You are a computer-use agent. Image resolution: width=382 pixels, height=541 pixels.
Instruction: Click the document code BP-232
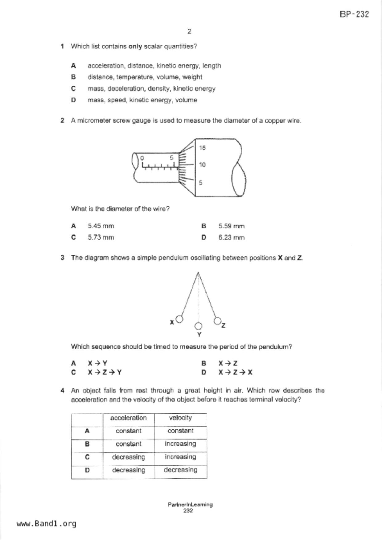click(x=354, y=14)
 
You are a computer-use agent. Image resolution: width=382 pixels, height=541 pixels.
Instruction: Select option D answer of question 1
click(x=142, y=100)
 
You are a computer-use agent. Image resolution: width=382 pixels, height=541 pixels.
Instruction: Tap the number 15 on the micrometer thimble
click(x=202, y=148)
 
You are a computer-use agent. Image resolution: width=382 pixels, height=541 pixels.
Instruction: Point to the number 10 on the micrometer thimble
click(x=202, y=165)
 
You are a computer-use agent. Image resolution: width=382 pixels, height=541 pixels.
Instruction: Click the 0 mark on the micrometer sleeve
click(x=142, y=158)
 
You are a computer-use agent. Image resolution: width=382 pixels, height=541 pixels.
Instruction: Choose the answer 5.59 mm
click(x=231, y=226)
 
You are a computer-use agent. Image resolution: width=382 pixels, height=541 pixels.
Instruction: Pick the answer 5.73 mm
click(x=101, y=237)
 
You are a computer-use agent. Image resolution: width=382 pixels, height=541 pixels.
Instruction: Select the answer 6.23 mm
click(x=231, y=237)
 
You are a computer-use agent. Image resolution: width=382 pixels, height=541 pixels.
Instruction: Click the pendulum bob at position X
click(x=179, y=319)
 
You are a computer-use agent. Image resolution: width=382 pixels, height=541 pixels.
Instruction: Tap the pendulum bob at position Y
click(x=199, y=326)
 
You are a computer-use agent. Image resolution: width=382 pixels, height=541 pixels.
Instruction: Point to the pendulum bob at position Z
click(x=217, y=321)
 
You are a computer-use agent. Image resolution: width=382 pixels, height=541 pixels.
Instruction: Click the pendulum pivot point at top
click(x=198, y=273)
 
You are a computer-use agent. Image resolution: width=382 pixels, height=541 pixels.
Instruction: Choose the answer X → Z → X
click(x=235, y=372)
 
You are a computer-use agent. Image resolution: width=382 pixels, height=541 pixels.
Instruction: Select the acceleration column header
click(x=128, y=418)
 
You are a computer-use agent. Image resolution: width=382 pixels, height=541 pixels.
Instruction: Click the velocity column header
click(x=180, y=418)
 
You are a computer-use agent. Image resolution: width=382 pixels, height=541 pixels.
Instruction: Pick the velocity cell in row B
click(x=180, y=444)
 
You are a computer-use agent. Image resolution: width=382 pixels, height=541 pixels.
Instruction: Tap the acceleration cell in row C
click(x=128, y=457)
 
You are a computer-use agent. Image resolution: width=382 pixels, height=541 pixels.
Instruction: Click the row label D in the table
click(x=87, y=470)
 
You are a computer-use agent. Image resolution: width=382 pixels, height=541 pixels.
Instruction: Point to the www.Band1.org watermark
click(x=46, y=524)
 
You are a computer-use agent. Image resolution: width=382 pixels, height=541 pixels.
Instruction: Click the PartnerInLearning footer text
click(x=190, y=505)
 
